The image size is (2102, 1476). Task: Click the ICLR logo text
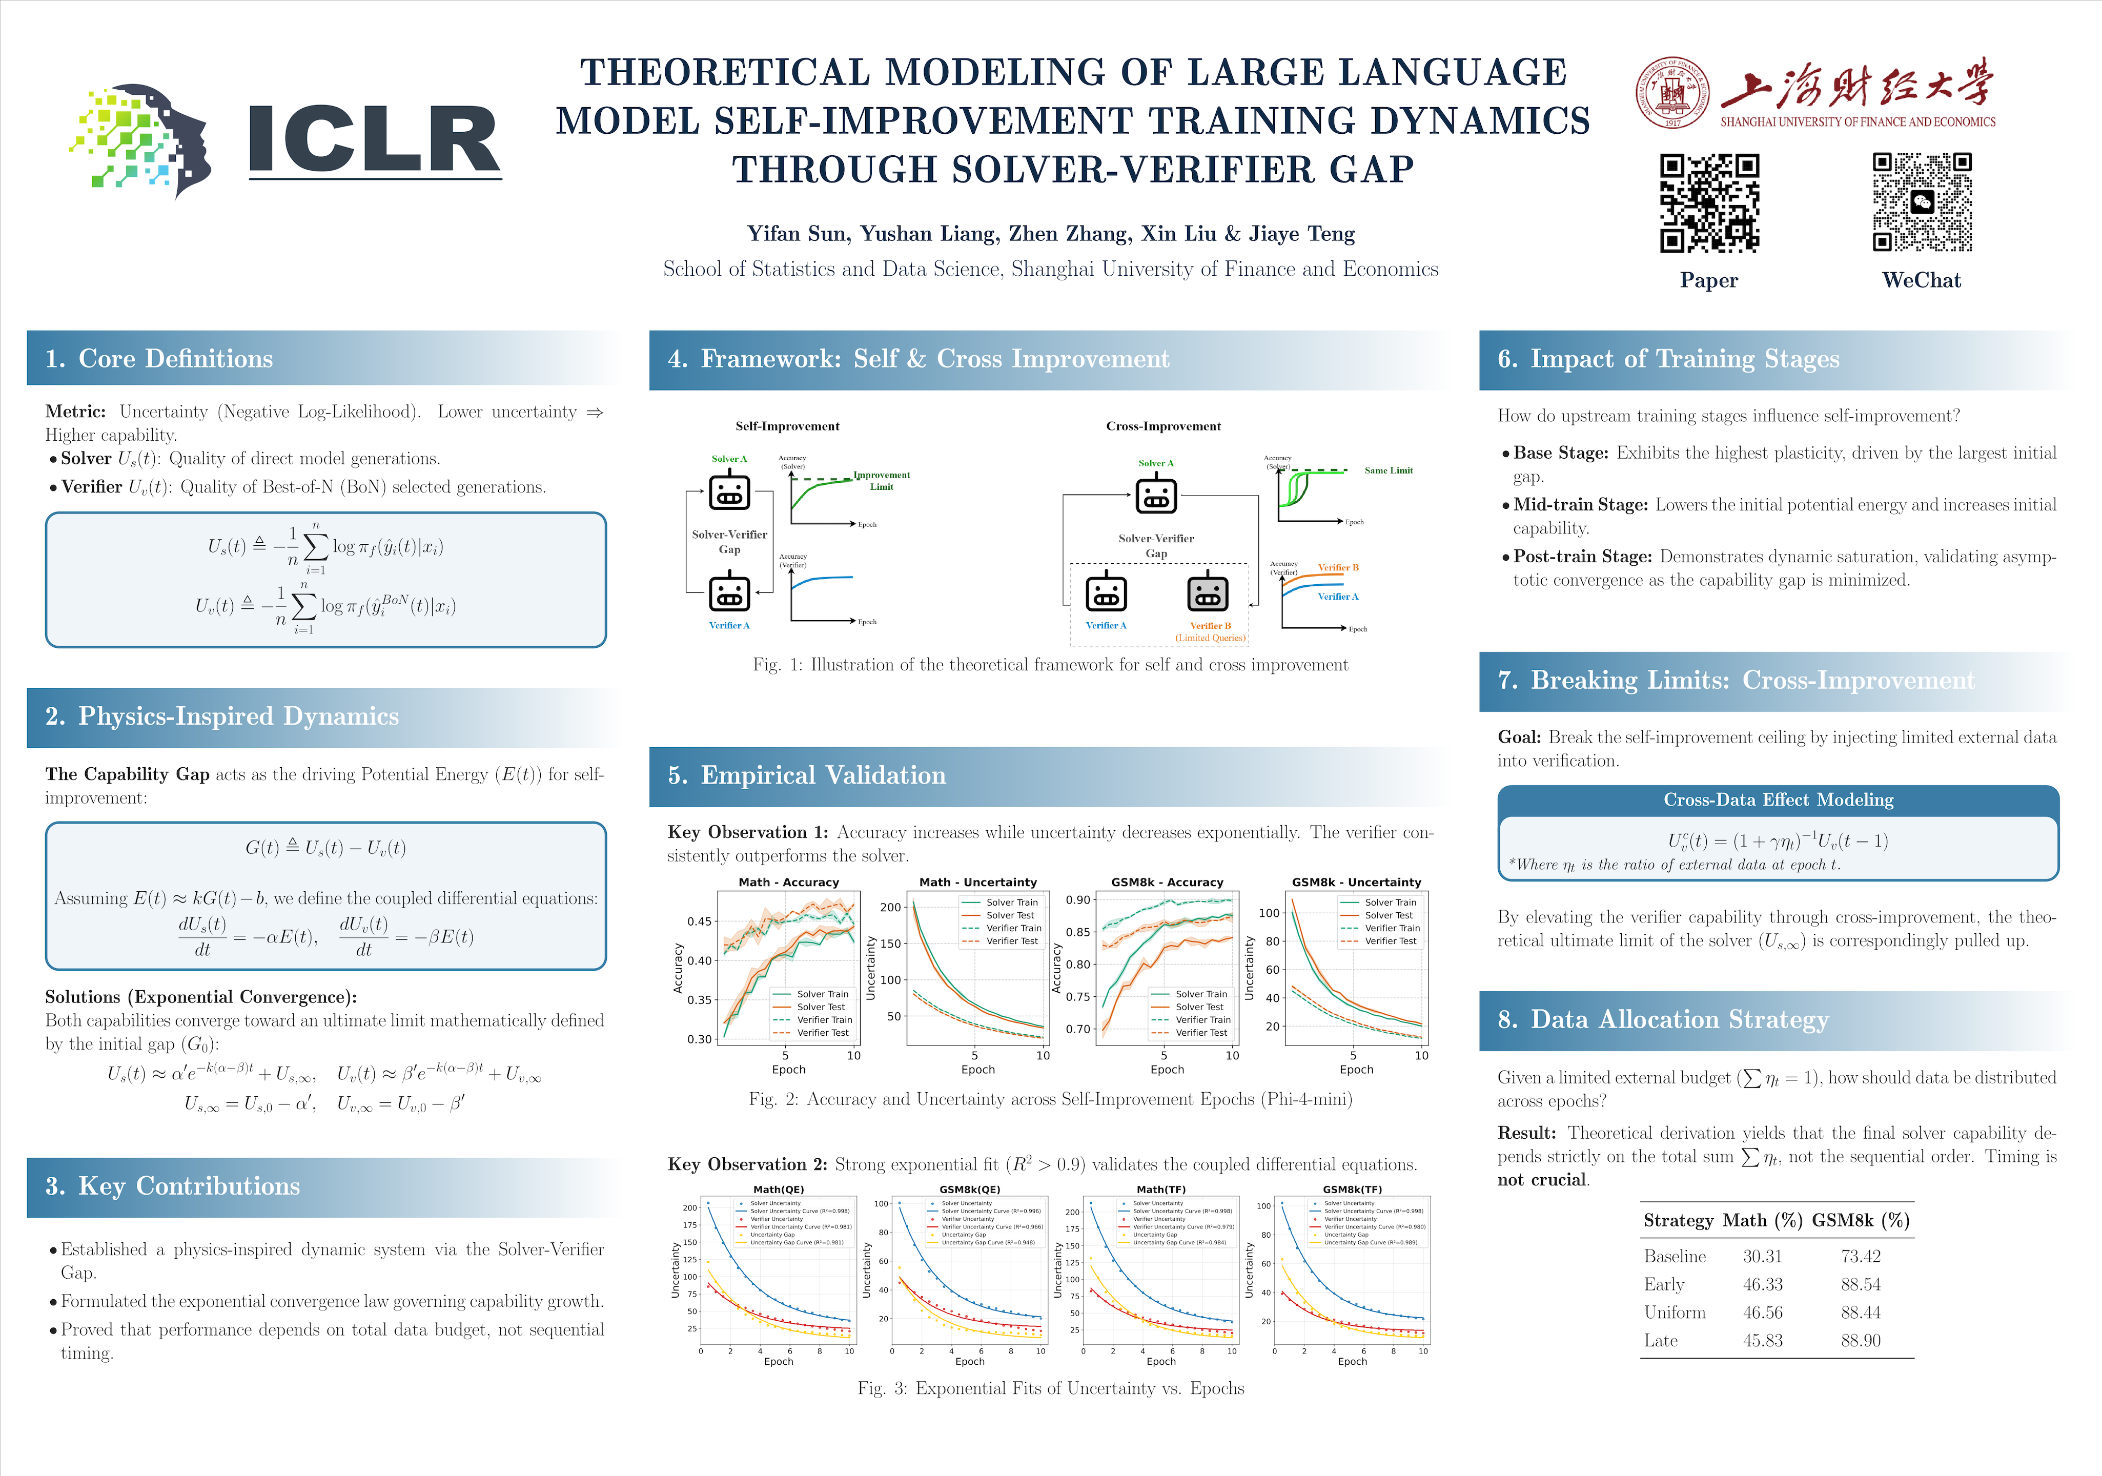click(374, 139)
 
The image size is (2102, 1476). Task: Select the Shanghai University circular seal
click(1672, 92)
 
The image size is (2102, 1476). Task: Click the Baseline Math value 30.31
click(1762, 1256)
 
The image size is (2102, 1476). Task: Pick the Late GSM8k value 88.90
click(1860, 1341)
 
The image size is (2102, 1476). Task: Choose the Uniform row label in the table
click(1675, 1312)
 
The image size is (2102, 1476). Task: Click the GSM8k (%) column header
click(1860, 1221)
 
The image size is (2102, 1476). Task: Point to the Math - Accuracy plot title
click(788, 881)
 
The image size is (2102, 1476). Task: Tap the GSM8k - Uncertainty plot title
click(1356, 881)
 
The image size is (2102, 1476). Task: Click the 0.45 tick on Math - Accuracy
click(700, 921)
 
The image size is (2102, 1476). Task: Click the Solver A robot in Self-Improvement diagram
click(730, 491)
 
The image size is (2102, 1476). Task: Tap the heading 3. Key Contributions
click(173, 1186)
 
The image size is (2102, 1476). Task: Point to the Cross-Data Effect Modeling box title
click(1778, 799)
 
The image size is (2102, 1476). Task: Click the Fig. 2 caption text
click(1050, 1099)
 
